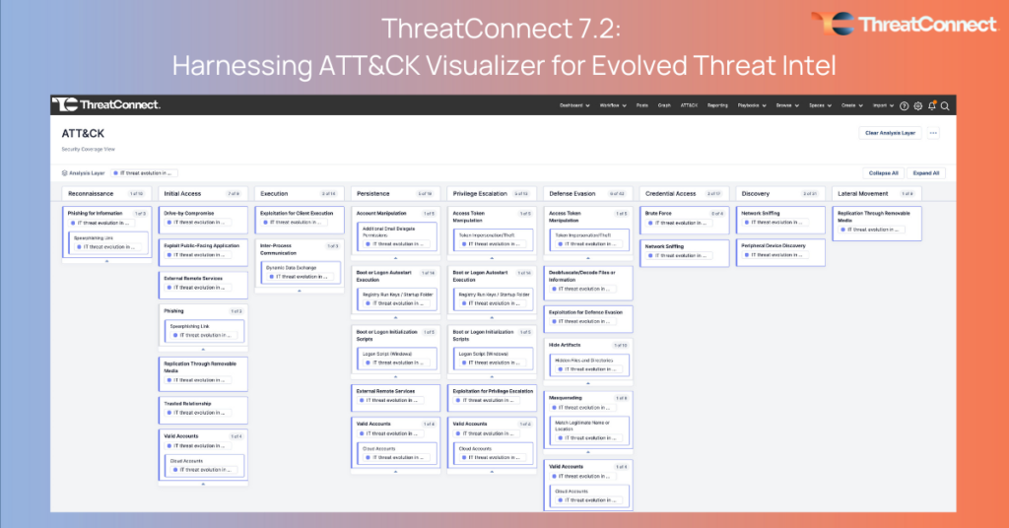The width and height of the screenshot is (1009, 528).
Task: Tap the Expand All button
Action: click(x=925, y=172)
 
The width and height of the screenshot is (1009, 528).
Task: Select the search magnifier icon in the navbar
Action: click(x=944, y=105)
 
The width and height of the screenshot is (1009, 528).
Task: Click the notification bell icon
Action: click(x=931, y=105)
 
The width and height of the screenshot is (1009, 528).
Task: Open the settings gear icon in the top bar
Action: click(x=917, y=105)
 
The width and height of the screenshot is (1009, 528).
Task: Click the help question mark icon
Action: click(x=905, y=105)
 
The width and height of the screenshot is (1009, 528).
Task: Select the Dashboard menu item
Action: click(x=573, y=105)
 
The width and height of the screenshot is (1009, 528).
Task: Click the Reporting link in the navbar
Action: click(x=717, y=105)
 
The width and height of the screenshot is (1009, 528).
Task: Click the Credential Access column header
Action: click(x=670, y=194)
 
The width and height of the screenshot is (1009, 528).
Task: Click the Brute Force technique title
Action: click(x=658, y=213)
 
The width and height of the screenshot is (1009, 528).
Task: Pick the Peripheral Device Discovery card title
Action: click(x=773, y=245)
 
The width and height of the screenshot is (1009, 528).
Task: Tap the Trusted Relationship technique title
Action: click(x=187, y=402)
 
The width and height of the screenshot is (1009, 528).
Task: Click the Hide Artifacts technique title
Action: click(x=567, y=345)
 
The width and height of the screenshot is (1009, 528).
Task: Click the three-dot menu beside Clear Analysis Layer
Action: click(x=933, y=133)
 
